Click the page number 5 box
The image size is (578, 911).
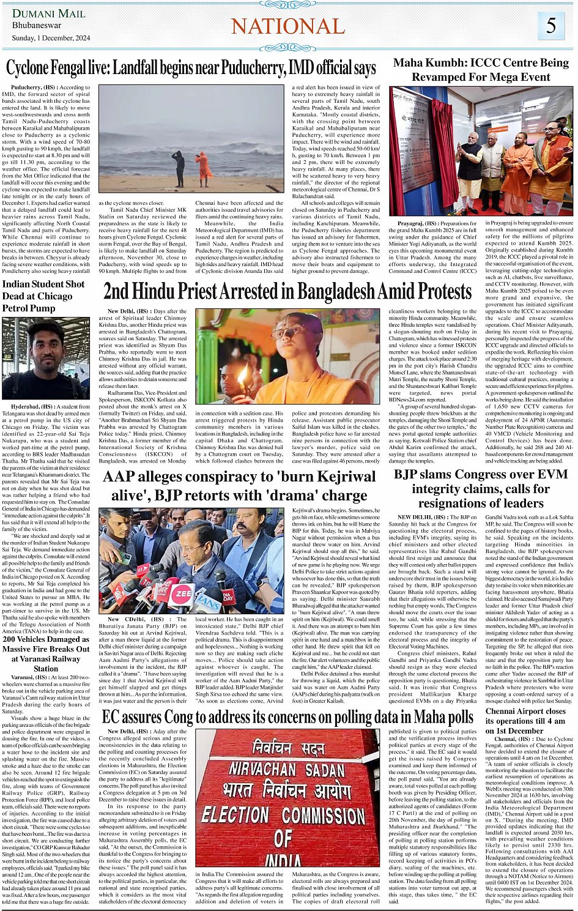[x=552, y=25]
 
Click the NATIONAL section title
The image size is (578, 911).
[x=288, y=26]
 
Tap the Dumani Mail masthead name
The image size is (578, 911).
[x=49, y=13]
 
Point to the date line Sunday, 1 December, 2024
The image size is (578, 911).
[x=51, y=38]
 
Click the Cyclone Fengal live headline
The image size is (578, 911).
[x=191, y=68]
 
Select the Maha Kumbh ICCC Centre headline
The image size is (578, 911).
[x=481, y=70]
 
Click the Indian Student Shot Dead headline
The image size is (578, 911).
[x=43, y=296]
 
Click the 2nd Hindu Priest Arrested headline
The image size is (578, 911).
[x=287, y=292]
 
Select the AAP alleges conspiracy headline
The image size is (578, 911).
[x=239, y=486]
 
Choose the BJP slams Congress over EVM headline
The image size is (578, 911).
[x=481, y=488]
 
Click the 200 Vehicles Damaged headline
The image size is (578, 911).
[x=46, y=654]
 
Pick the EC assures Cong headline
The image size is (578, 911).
[x=288, y=716]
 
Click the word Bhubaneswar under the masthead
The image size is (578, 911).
[x=37, y=26]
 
